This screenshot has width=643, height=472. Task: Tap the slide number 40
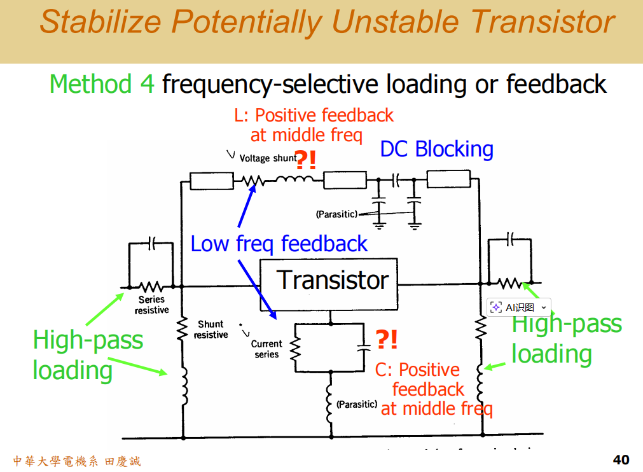click(x=621, y=459)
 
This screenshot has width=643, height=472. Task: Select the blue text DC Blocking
click(x=436, y=149)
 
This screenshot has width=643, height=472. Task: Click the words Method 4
click(x=102, y=84)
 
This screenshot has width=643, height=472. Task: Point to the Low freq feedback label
click(x=279, y=244)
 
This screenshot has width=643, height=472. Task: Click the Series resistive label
click(x=151, y=305)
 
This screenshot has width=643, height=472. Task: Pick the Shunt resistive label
click(x=211, y=330)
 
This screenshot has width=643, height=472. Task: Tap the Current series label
click(x=266, y=349)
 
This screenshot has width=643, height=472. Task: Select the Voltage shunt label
click(x=268, y=158)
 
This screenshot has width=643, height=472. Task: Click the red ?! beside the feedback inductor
click(x=306, y=160)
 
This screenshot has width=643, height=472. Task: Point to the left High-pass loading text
click(x=88, y=354)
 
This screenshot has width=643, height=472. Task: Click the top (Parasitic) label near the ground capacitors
click(x=336, y=214)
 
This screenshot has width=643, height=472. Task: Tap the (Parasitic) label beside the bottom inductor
click(x=357, y=404)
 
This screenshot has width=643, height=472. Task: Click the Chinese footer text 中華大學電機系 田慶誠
click(x=76, y=461)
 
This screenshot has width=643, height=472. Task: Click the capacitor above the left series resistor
click(x=151, y=243)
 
